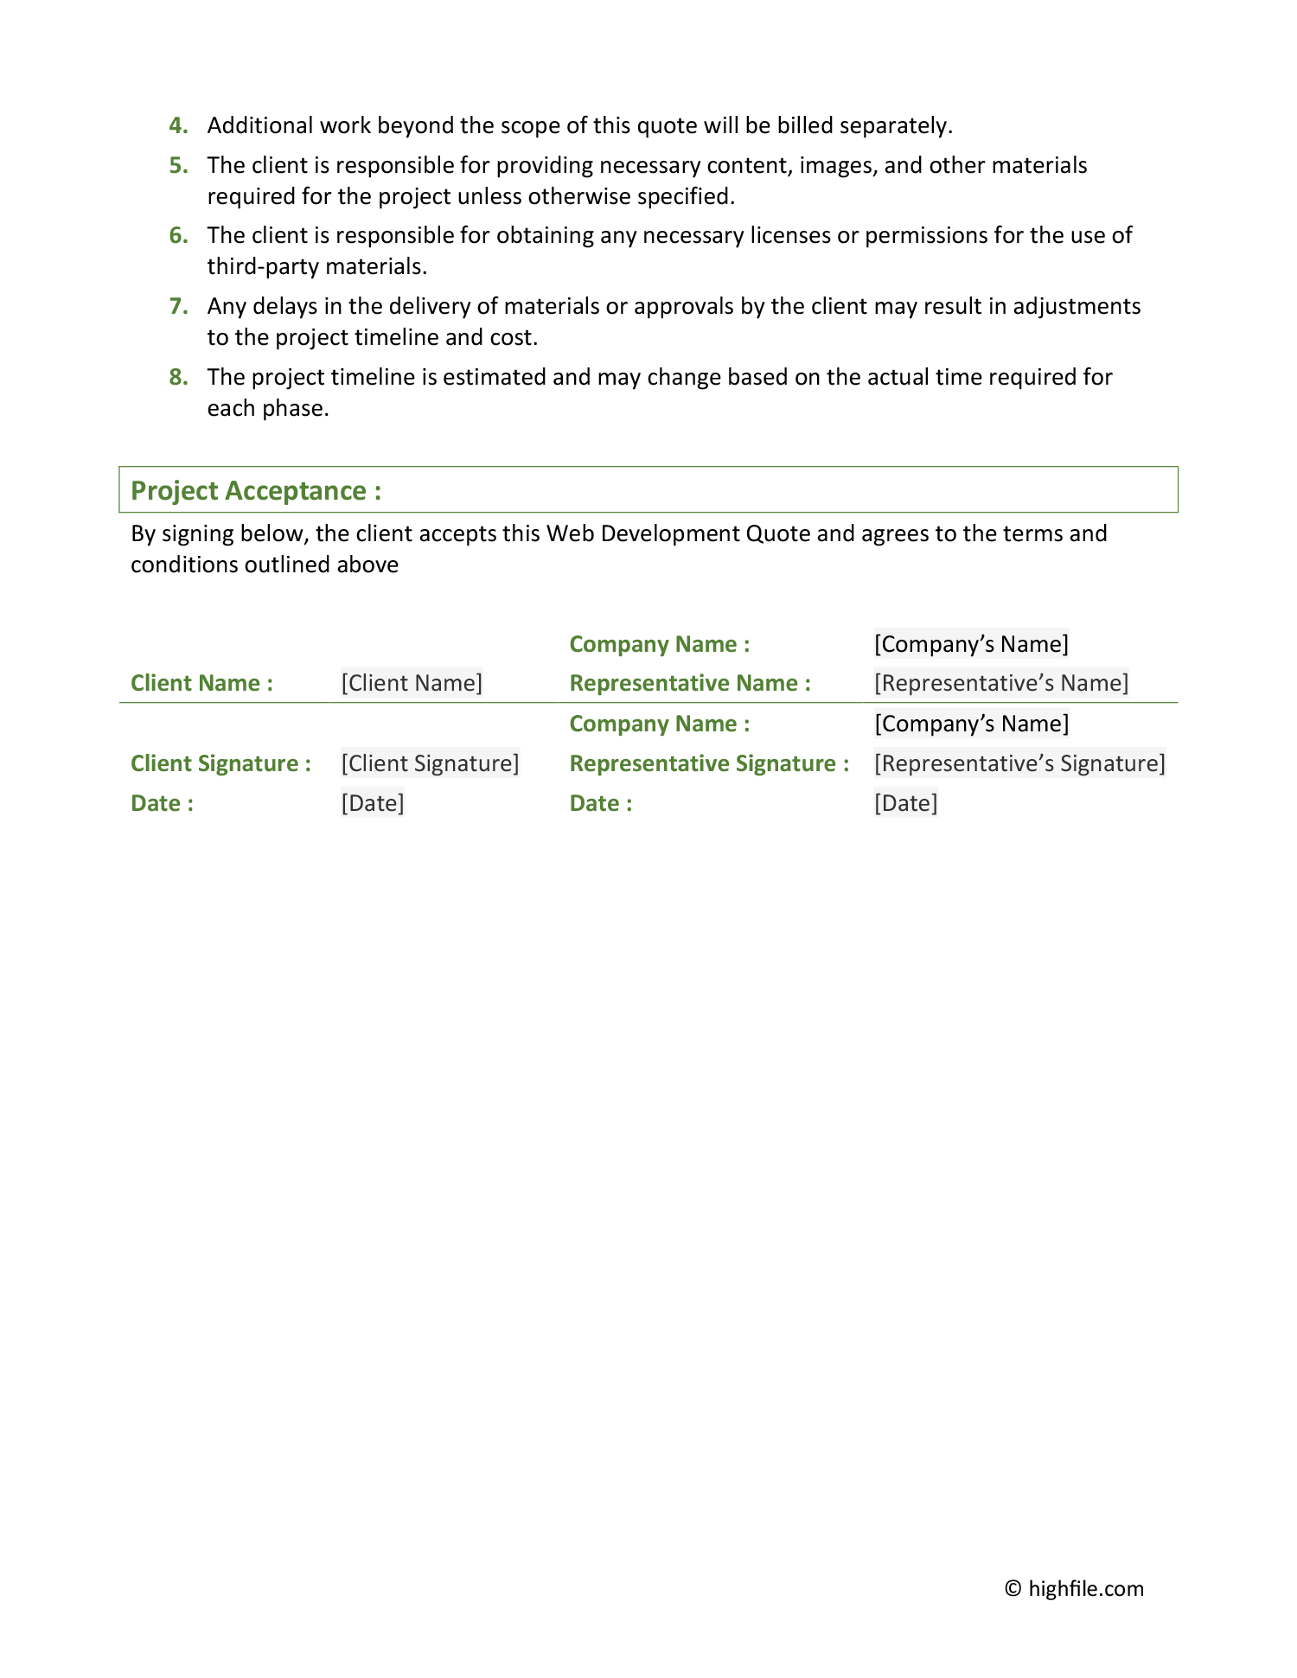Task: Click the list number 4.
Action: pyautogui.click(x=178, y=126)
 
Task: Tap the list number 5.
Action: pyautogui.click(x=178, y=166)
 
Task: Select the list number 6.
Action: pyautogui.click(x=178, y=236)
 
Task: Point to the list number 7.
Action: pyautogui.click(x=178, y=307)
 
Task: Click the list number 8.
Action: pyautogui.click(x=178, y=378)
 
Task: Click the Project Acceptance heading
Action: pyautogui.click(x=256, y=491)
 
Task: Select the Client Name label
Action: pyautogui.click(x=201, y=684)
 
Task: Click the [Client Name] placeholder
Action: pyautogui.click(x=412, y=684)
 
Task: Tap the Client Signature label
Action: pyautogui.click(x=220, y=764)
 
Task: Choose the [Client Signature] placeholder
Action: pyautogui.click(x=430, y=764)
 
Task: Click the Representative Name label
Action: pyautogui.click(x=690, y=684)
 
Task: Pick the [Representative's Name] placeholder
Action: pyautogui.click(x=1001, y=684)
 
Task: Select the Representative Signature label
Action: pyautogui.click(x=709, y=764)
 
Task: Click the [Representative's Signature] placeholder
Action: pyautogui.click(x=1019, y=764)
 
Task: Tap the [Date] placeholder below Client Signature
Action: pyautogui.click(x=373, y=804)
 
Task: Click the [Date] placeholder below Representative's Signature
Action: pyautogui.click(x=905, y=804)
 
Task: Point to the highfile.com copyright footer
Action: pyautogui.click(x=1074, y=1589)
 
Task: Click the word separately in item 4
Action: pyautogui.click(x=896, y=126)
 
